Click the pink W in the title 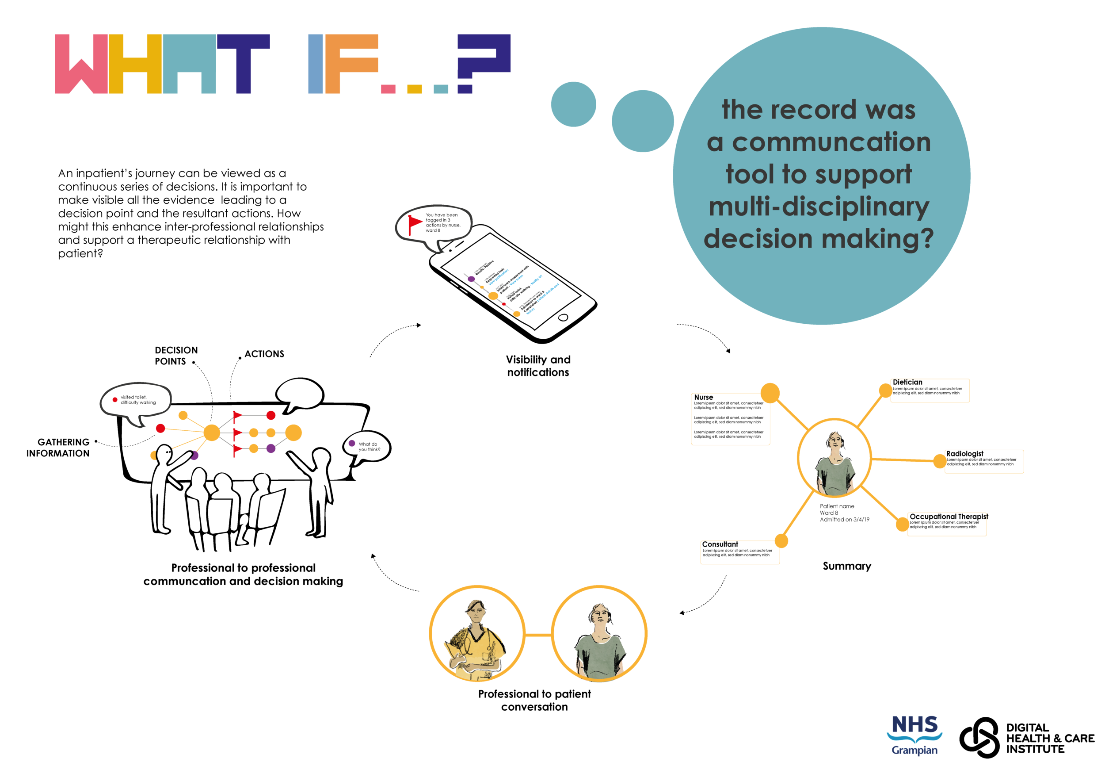[81, 64]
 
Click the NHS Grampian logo [914, 734]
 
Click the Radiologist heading [964, 454]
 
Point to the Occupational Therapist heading [947, 517]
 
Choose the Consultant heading [720, 544]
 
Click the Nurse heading [703, 397]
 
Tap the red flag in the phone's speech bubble [415, 223]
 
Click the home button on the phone [563, 318]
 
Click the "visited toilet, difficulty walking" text [138, 400]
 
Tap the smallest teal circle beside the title [573, 104]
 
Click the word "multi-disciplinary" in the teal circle [819, 207]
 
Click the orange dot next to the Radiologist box [939, 461]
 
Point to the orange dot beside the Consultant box [781, 541]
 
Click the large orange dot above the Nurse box [770, 392]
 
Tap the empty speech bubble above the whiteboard [299, 394]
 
